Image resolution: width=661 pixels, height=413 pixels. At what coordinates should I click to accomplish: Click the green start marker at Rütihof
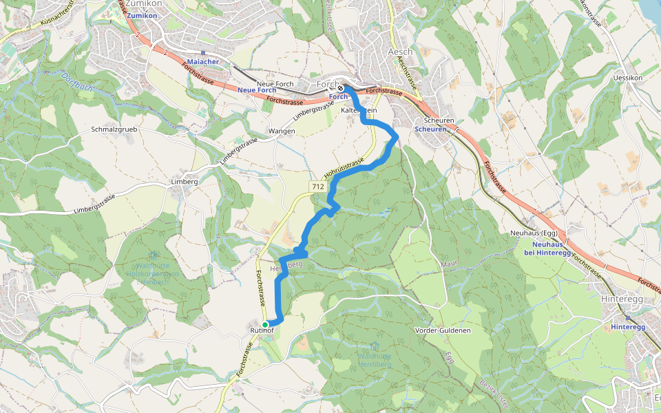265,324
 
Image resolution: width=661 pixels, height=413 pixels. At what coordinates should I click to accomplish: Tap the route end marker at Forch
341,88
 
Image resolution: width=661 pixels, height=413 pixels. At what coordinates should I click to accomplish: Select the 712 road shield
317,187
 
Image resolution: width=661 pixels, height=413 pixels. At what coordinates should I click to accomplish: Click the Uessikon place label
627,78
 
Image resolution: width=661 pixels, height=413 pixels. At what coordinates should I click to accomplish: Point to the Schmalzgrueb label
114,129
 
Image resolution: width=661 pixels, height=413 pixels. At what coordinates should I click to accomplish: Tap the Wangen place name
282,131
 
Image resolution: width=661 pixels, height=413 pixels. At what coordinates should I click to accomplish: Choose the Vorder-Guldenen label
443,330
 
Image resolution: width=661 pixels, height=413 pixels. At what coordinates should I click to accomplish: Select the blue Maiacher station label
203,62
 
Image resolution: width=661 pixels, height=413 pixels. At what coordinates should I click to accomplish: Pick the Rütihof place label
262,332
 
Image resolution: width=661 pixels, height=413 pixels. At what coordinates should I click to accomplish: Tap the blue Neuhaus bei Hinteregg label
547,248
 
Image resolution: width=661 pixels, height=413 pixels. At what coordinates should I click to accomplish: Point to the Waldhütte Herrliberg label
375,359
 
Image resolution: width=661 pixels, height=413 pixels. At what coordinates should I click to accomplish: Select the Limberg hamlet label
184,182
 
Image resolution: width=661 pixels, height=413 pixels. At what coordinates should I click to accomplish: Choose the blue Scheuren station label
430,129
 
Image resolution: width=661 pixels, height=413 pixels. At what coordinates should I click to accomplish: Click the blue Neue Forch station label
257,91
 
